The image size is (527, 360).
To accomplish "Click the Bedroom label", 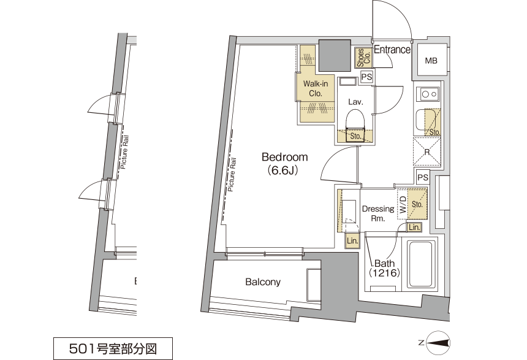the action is click(x=285, y=157).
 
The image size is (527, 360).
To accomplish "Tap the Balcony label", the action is click(x=263, y=281).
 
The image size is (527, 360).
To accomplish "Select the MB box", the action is click(x=431, y=61).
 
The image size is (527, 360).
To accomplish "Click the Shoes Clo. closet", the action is click(x=363, y=58).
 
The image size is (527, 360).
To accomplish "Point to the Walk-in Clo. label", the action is click(x=315, y=88).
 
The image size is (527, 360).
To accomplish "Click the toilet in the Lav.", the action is click(x=355, y=124).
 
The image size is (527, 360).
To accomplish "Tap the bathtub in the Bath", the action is click(x=422, y=264).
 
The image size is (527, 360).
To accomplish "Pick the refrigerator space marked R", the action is click(x=427, y=151).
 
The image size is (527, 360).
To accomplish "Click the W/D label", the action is click(x=403, y=205).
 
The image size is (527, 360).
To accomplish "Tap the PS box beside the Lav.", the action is click(x=366, y=77).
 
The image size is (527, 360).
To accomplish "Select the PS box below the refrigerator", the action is click(x=423, y=177).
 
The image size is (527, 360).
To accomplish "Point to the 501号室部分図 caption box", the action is click(x=113, y=348).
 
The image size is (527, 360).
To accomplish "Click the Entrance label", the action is click(x=392, y=50).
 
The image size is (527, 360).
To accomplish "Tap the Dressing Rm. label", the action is click(x=378, y=213).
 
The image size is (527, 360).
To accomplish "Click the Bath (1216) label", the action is click(x=384, y=268).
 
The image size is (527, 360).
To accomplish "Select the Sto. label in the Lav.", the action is click(x=355, y=136).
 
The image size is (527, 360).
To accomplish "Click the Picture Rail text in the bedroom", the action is click(x=232, y=175).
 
